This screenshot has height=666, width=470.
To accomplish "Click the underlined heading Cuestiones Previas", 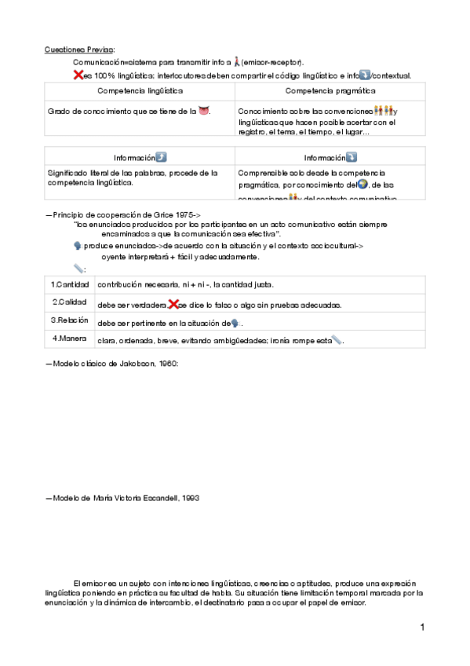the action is pyautogui.click(x=79, y=49).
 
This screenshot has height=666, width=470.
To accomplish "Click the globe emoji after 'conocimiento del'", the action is pyautogui.click(x=363, y=185).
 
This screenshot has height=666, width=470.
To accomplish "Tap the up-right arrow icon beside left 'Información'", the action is pyautogui.click(x=161, y=157).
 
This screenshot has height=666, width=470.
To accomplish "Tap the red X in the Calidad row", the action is pyautogui.click(x=174, y=304).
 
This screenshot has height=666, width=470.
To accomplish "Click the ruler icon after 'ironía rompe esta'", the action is pyautogui.click(x=337, y=340).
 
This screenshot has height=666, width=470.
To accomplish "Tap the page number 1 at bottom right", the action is pyautogui.click(x=422, y=627).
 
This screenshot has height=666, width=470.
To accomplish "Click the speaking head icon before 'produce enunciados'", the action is pyautogui.click(x=78, y=246).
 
